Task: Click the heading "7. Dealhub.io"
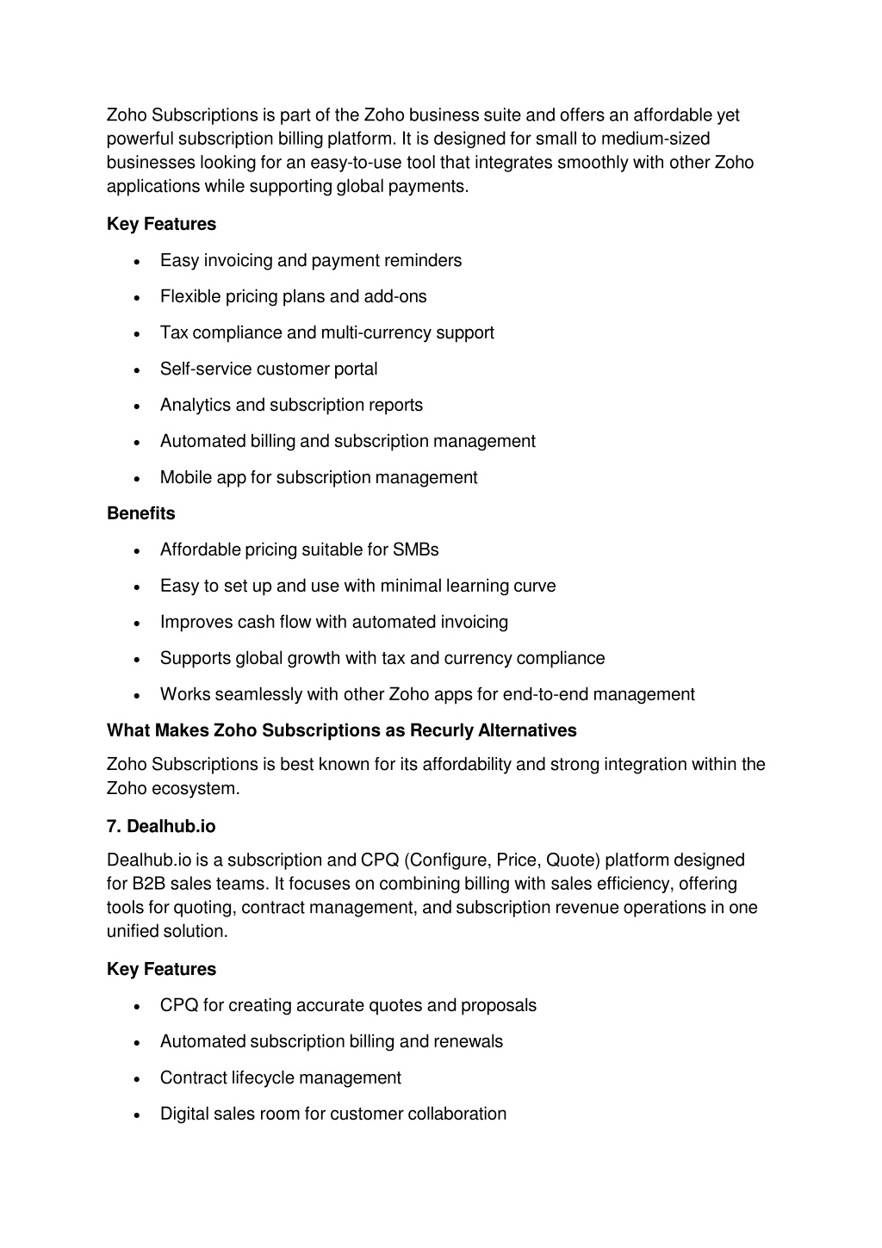pos(161,827)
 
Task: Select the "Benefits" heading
pos(140,513)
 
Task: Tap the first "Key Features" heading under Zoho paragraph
pos(161,224)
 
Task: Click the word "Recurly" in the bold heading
pos(442,730)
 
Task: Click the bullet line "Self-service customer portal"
pos(269,369)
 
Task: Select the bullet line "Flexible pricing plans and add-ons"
pos(293,297)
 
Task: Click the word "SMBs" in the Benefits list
pos(416,549)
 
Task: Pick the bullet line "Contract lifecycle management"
pos(280,1078)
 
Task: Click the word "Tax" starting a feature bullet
pos(174,333)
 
